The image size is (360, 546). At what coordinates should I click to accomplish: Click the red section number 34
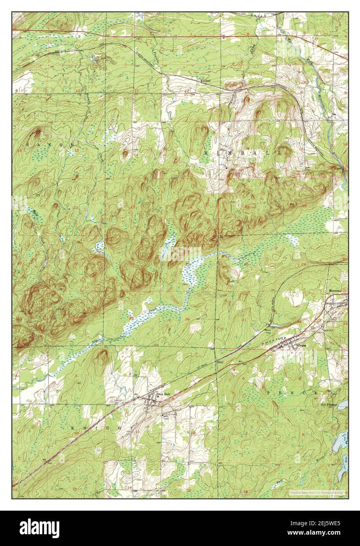pos(74,317)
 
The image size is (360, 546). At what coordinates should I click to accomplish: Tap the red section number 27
pos(75,264)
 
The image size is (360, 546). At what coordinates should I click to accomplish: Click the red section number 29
pos(303,264)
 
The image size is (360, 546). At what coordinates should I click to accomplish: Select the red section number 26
pos(132,264)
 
